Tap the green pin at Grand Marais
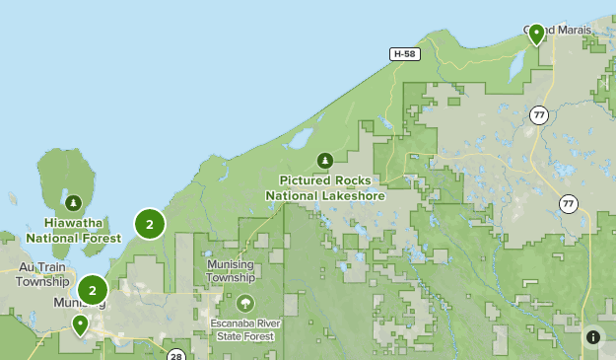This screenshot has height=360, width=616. [537, 35]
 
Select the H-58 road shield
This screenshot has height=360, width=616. [403, 54]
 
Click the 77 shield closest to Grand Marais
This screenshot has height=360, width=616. [538, 115]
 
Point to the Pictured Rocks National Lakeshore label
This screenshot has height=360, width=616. [324, 187]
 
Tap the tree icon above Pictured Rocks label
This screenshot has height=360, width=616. [324, 160]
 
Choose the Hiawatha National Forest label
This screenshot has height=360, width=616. [74, 230]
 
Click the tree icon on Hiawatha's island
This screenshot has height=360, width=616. [74, 203]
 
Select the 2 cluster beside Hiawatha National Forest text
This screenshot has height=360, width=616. [149, 225]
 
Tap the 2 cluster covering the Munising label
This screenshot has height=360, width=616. [92, 290]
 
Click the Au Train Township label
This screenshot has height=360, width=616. [42, 273]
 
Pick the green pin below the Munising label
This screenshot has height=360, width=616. [79, 324]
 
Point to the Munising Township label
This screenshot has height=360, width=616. [231, 271]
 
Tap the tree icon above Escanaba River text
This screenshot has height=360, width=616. [244, 303]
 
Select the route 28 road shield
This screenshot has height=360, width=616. [175, 355]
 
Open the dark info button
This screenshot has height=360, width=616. [593, 337]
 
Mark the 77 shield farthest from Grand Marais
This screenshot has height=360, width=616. [569, 203]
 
